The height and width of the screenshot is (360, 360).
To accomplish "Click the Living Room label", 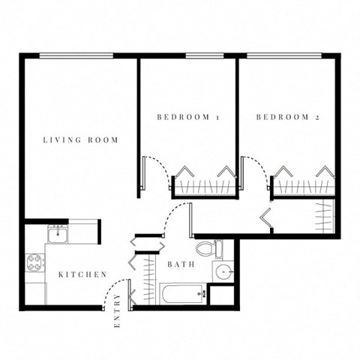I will click(80, 139).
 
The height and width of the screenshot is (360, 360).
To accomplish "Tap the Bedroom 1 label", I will click(187, 117).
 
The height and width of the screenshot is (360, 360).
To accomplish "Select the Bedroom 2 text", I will click(287, 117).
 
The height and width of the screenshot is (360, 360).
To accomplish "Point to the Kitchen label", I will click(82, 274).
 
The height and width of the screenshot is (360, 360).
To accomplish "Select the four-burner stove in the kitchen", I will click(35, 262).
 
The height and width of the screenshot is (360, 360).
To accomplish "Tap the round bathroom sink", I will click(221, 271).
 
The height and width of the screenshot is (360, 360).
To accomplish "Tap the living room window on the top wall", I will click(76, 55).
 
